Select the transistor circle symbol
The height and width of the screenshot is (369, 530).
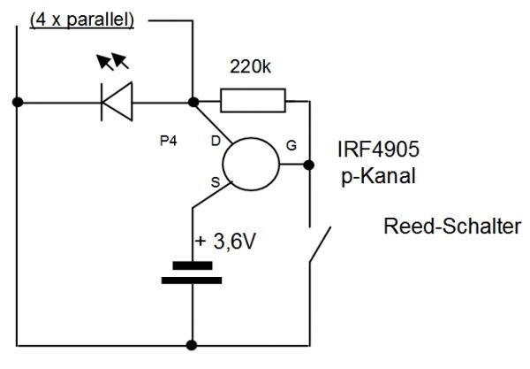(x=250, y=164)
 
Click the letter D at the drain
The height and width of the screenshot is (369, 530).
(x=215, y=141)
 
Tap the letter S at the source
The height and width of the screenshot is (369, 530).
(x=214, y=182)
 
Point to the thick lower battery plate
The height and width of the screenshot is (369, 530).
(x=192, y=281)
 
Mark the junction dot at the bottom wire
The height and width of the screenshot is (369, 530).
(x=192, y=343)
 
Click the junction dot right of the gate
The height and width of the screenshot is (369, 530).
(x=308, y=165)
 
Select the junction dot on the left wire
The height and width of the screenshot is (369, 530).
(x=18, y=101)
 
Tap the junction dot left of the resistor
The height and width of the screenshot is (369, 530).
(x=192, y=101)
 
